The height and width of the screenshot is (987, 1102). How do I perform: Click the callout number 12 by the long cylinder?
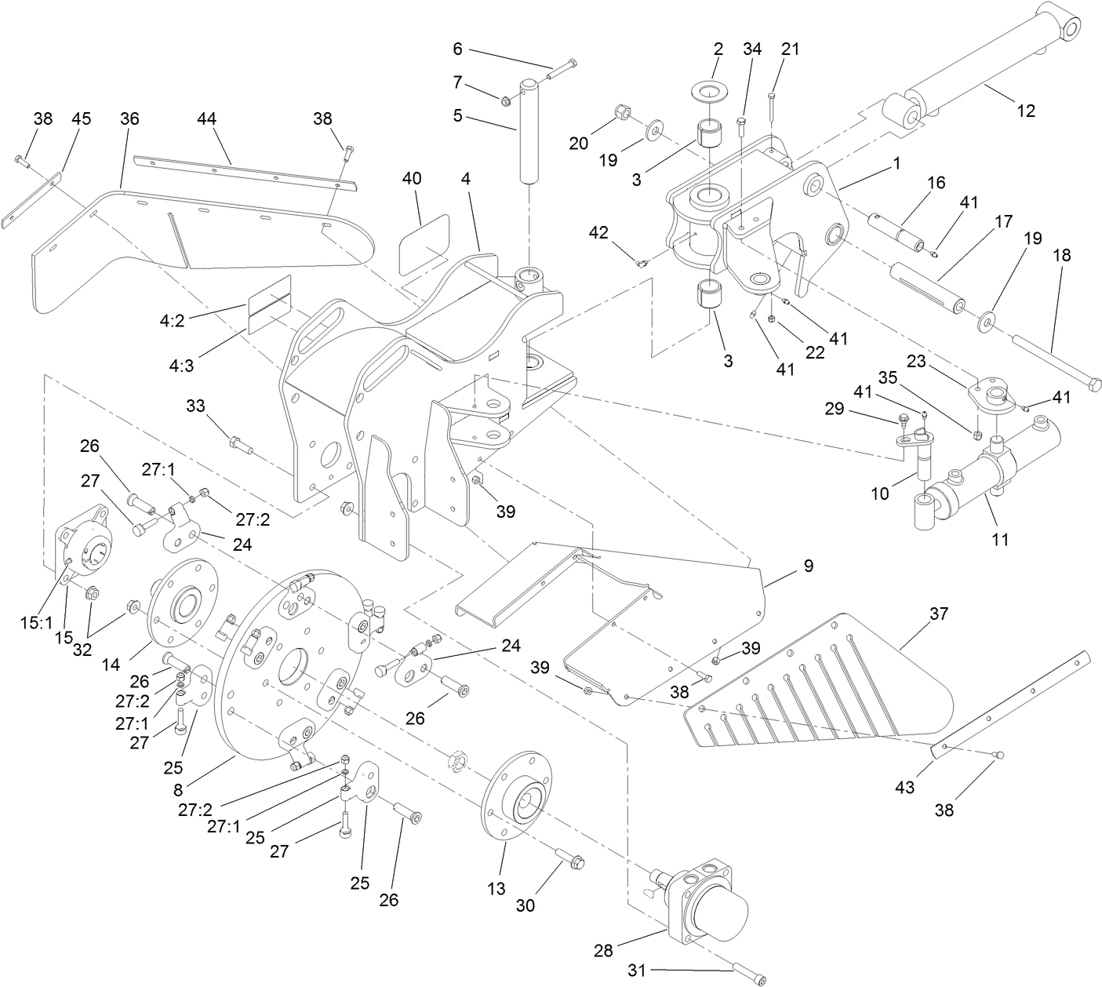click(x=1025, y=111)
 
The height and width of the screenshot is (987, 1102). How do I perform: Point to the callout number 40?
click(x=412, y=178)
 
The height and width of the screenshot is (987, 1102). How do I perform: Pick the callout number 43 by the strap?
click(x=904, y=787)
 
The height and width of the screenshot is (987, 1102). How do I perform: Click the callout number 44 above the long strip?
click(x=206, y=118)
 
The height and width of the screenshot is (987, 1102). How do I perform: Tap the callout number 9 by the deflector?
click(x=807, y=566)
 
